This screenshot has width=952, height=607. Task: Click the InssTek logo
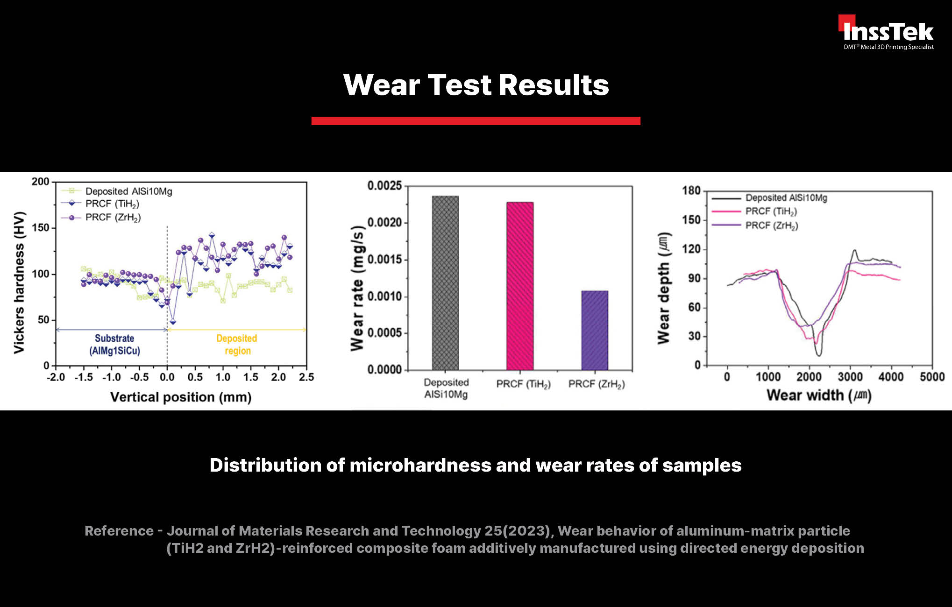click(886, 32)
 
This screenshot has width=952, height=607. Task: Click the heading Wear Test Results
click(476, 85)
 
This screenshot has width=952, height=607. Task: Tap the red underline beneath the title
click(476, 121)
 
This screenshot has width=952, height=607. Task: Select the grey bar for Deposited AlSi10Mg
click(445, 283)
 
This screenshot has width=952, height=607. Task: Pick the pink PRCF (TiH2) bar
click(520, 286)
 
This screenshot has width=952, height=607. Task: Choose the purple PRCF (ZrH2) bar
click(595, 331)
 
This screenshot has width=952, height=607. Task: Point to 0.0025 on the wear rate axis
click(384, 186)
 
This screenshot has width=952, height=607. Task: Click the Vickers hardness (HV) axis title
click(19, 283)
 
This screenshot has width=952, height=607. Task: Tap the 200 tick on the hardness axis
click(41, 182)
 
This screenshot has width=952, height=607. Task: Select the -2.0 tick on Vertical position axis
click(56, 377)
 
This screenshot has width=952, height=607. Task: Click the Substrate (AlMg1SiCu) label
click(114, 345)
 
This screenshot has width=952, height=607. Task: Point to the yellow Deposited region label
click(237, 345)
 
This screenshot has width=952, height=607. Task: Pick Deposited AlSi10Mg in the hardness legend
click(129, 191)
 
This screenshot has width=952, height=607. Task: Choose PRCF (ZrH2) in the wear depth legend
click(772, 226)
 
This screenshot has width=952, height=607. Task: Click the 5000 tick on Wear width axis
click(932, 377)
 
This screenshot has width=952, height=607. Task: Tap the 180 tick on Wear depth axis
click(691, 191)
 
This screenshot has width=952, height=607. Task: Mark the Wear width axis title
click(819, 395)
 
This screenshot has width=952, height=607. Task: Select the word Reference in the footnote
click(119, 531)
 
